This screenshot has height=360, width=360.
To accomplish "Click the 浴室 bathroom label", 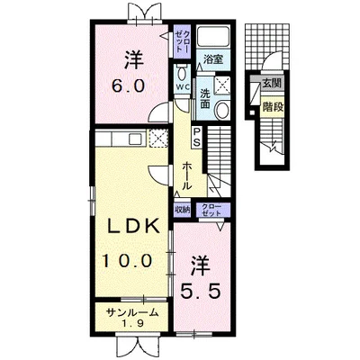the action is coord(213,59).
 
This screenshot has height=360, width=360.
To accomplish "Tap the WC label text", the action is coord(183,87).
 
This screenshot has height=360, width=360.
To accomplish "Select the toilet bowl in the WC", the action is coord(182,73).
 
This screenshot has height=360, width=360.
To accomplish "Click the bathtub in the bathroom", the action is coord(213,36).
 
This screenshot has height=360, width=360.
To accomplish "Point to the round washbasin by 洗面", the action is coord(223,110).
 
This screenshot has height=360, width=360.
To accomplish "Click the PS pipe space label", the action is coord(197,137).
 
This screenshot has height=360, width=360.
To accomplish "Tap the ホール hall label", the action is coord(186,175).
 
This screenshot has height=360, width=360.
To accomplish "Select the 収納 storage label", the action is coord(183,210).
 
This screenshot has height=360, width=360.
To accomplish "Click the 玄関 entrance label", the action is coord(272,83).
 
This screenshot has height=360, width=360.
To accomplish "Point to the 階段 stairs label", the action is coord(273,106).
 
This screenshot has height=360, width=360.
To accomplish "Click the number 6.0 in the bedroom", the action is coord(129,86).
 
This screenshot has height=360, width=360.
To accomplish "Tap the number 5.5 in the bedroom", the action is coord(201,291).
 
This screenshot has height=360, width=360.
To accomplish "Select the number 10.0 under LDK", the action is coord(127,260).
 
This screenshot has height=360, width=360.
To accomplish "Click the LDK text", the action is coord(134,227).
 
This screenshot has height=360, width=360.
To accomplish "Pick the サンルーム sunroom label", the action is coord(132,313).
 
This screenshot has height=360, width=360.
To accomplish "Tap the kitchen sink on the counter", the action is coord(134,139).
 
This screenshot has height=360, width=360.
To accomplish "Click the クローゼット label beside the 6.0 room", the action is coord(183,41).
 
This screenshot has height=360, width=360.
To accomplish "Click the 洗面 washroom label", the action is coord(204,98).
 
